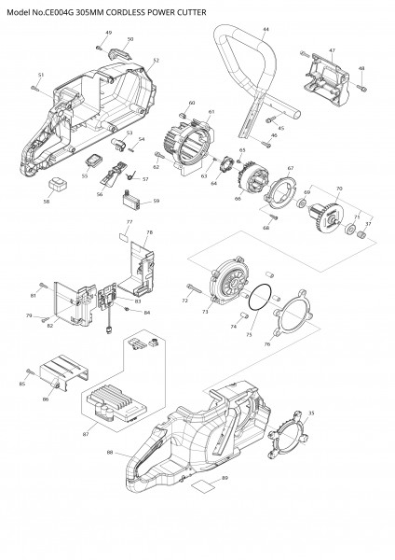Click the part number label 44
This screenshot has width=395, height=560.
(x=266, y=31)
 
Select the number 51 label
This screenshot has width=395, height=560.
(x=41, y=75)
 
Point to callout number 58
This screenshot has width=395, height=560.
(x=47, y=199)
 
